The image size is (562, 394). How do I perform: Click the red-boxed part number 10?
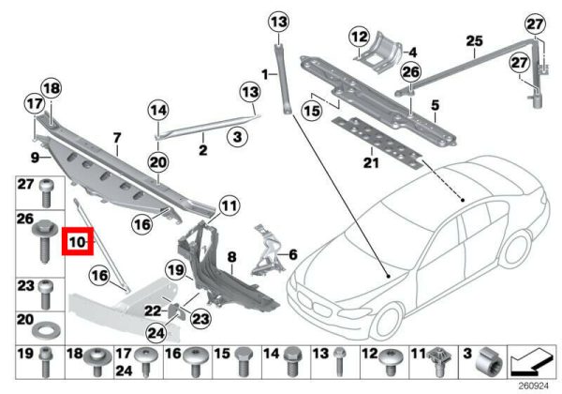coord(77,242)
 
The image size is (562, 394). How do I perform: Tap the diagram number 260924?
coord(534,386)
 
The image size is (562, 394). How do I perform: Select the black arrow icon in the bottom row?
coord(531,362)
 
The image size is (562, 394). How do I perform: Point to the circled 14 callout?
coord(158,110)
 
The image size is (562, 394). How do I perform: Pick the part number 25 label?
coord(474,41)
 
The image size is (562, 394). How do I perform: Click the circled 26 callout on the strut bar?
coord(411,72)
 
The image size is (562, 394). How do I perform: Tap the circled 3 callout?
coord(237,136)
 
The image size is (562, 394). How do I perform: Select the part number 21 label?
coord(371,162)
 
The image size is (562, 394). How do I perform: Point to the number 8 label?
coord(232,257)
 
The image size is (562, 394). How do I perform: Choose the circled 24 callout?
coord(157,333)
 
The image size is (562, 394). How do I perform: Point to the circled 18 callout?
coord(52,88)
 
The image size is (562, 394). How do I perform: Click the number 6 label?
coord(293,255)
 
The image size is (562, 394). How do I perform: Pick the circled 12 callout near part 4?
coord(360,37)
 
